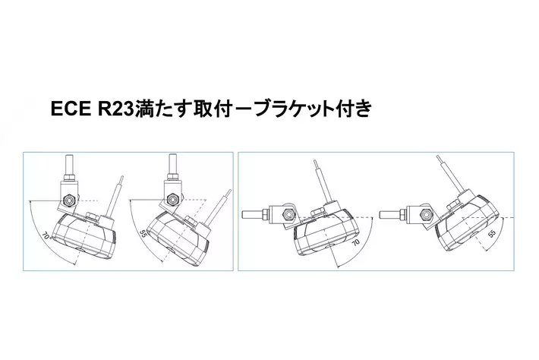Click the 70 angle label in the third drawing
(356, 243)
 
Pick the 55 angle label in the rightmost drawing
(492, 233)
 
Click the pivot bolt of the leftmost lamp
(69, 200)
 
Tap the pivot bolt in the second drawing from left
(172, 198)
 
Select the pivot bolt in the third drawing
(288, 215)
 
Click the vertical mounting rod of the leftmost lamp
(68, 165)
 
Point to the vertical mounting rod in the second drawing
(172, 163)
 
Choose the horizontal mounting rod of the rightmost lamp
(390, 214)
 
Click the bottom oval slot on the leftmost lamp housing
(79, 250)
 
